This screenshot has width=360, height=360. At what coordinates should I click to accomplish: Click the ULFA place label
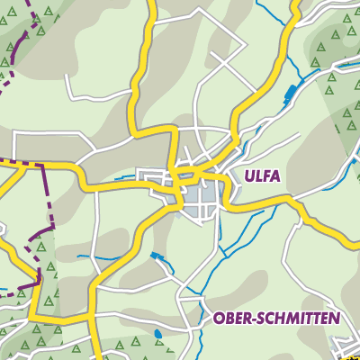[x=262, y=175]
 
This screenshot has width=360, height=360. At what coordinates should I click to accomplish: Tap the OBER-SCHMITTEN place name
[x=276, y=319]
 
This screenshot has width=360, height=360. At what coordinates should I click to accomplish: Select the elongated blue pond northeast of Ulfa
[x=290, y=92]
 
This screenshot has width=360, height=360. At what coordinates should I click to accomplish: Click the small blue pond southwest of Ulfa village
[x=159, y=258]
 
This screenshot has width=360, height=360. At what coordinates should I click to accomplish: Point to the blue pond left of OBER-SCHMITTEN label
[x=158, y=334]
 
